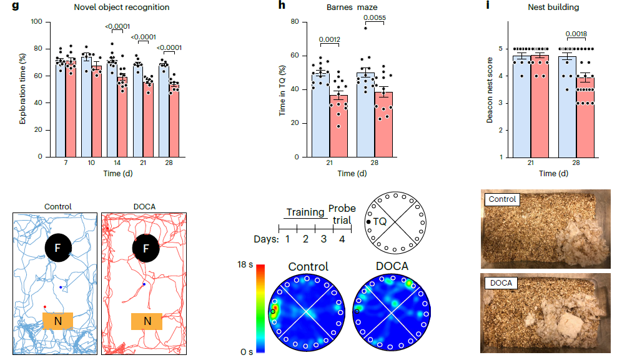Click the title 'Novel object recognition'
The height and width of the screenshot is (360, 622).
(121, 7)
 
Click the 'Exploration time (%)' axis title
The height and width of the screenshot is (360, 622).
(23, 89)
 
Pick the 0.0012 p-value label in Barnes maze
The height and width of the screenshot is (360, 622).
(328, 40)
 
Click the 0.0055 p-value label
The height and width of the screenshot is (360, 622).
(374, 18)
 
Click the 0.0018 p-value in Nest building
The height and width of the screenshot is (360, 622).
(576, 34)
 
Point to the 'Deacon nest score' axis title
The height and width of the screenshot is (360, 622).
(491, 89)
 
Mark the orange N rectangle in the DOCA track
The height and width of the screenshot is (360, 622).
(147, 321)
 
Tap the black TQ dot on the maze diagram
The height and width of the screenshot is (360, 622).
(368, 221)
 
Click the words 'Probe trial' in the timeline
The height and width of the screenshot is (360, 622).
(341, 214)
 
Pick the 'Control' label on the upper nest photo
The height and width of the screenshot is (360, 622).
(503, 200)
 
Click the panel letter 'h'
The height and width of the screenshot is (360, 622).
(282, 7)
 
